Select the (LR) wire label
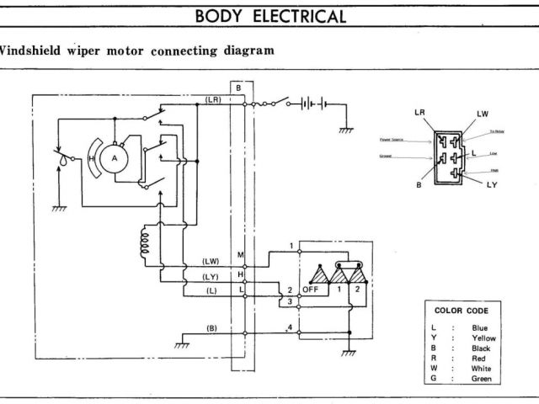pyautogui.click(x=213, y=99)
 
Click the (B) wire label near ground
pyautogui.click(x=212, y=327)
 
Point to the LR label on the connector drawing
pyautogui.click(x=420, y=112)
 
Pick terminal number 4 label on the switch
pyautogui.click(x=291, y=327)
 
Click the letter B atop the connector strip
pyautogui.click(x=239, y=88)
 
